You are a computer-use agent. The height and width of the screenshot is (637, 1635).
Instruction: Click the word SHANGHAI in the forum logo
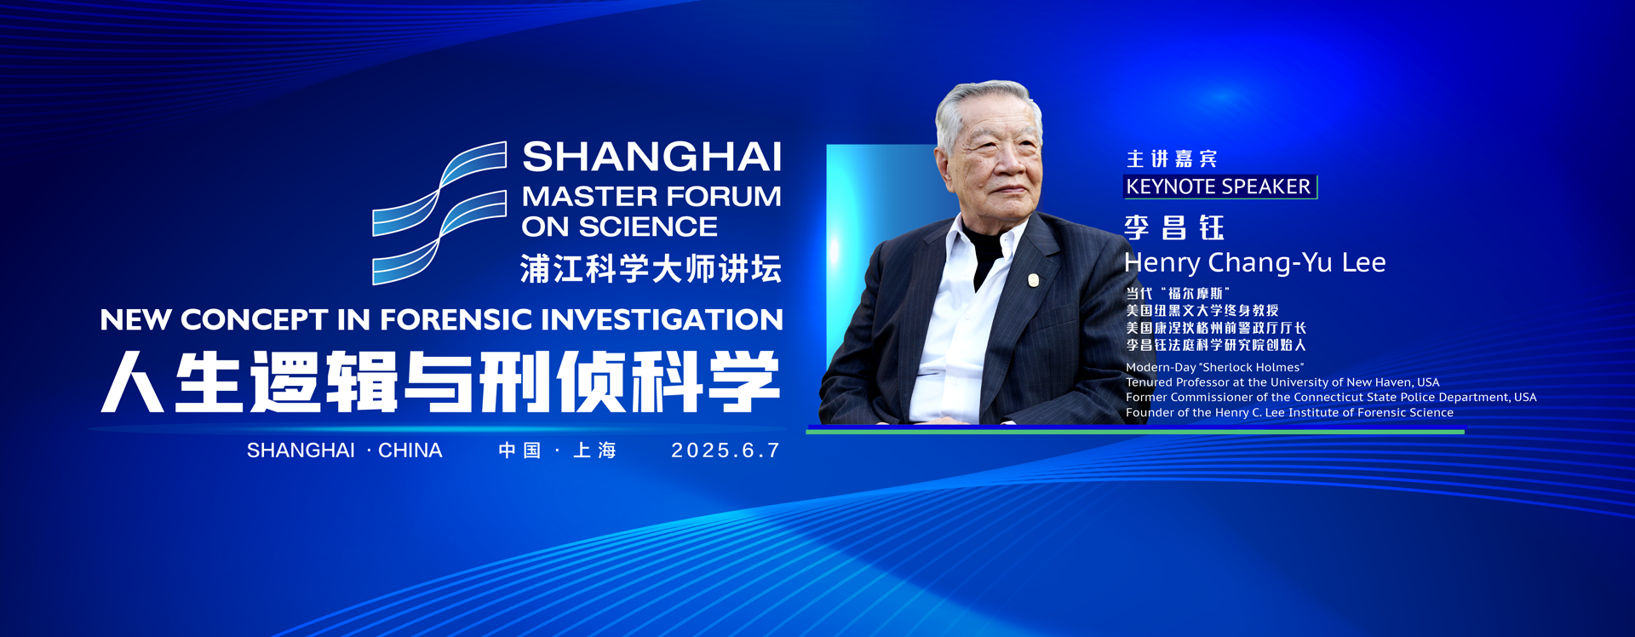(x=651, y=158)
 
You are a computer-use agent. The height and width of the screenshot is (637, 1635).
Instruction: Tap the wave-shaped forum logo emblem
(x=440, y=212)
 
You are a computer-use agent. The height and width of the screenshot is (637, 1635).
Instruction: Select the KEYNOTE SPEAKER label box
(x=1220, y=187)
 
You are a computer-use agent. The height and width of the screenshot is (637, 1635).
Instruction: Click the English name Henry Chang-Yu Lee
(x=1254, y=262)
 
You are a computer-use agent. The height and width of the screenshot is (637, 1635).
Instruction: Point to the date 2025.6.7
(x=726, y=450)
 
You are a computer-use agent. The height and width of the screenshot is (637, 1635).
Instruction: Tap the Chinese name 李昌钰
(x=1174, y=227)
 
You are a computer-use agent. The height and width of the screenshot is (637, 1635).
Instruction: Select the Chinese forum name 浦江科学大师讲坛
(x=651, y=268)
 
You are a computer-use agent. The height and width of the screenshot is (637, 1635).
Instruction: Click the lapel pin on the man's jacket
(x=1033, y=279)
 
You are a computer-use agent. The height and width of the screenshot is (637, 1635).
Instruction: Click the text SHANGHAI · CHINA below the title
(x=344, y=450)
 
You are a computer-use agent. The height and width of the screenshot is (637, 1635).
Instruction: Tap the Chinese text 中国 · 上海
(x=557, y=450)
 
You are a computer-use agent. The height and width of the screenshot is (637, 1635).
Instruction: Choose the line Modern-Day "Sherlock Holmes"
(x=1215, y=367)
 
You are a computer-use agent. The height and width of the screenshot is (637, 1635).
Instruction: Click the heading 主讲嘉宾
(x=1172, y=159)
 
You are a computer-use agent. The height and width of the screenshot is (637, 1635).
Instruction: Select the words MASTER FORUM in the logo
(x=651, y=197)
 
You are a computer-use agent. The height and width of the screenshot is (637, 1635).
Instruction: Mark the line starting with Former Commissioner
(x=1331, y=397)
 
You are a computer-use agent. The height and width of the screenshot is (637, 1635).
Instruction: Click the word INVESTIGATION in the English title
(x=663, y=319)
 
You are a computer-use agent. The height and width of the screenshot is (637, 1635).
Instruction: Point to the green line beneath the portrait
(x=1135, y=432)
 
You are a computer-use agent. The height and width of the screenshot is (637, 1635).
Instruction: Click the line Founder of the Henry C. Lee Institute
(x=1289, y=412)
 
